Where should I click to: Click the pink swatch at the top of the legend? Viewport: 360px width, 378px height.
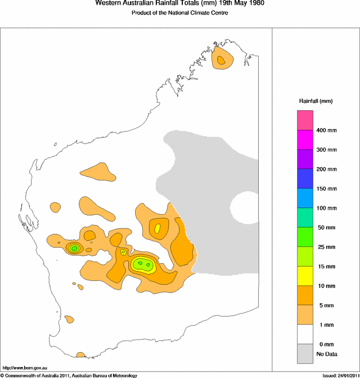(x=305, y=120)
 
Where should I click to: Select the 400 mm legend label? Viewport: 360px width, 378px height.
(x=326, y=130)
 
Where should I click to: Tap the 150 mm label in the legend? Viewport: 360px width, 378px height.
(x=326, y=188)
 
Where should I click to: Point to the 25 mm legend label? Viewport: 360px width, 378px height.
(x=325, y=247)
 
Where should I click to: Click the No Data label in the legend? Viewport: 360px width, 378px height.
(x=326, y=354)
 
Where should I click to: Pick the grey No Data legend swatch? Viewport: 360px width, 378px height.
(x=305, y=353)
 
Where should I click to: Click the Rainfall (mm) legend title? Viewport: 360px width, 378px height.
(x=315, y=101)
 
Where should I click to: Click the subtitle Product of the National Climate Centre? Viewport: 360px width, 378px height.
(x=180, y=13)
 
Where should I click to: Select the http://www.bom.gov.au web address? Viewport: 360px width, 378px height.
(x=25, y=367)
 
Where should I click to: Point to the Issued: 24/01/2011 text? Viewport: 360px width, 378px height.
(x=340, y=375)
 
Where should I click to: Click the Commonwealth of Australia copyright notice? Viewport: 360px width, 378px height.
(x=69, y=375)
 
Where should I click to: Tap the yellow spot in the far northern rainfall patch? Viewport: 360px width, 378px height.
(x=221, y=59)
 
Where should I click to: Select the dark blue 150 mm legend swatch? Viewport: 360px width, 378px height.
(x=305, y=179)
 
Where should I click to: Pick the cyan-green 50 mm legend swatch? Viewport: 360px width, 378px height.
(x=305, y=217)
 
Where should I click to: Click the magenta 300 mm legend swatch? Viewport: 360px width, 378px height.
(x=305, y=140)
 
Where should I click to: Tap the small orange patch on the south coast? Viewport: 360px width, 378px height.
(x=81, y=354)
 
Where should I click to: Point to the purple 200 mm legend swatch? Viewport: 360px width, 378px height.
(x=305, y=159)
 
